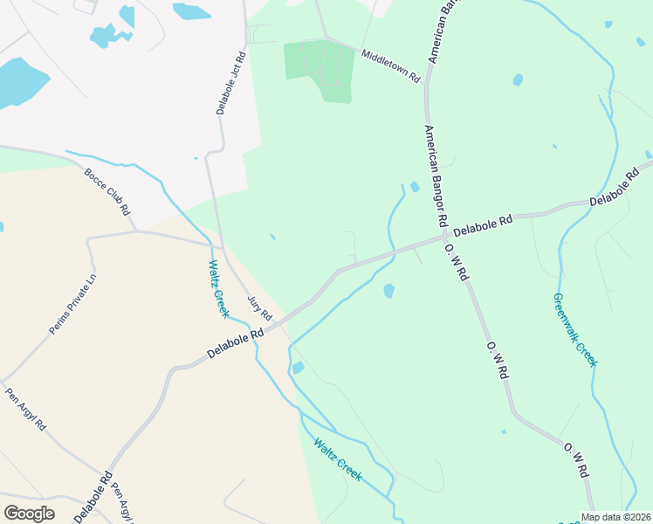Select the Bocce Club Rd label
(x=107, y=192)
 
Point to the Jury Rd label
(x=259, y=307)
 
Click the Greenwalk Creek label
(x=574, y=329)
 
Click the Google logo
(x=29, y=513)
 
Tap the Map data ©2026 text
(x=615, y=517)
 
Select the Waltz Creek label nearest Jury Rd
(x=217, y=287)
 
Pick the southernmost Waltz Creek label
(x=338, y=458)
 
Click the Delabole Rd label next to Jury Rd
(x=236, y=343)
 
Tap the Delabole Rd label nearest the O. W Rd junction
(x=481, y=223)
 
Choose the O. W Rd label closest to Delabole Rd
(x=457, y=263)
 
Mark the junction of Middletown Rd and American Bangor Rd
(x=426, y=86)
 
